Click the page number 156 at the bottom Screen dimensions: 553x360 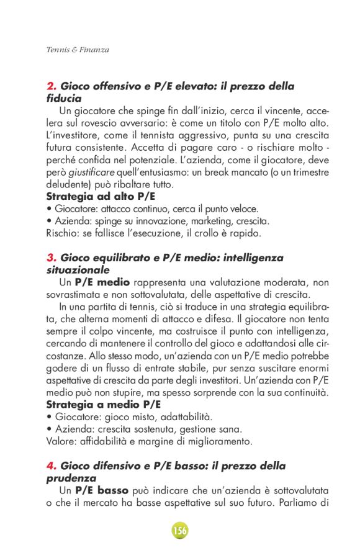(x=180, y=531)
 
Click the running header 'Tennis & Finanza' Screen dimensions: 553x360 (x=74, y=50)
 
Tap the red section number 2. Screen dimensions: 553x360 (x=50, y=86)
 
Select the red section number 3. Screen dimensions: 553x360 (x=50, y=258)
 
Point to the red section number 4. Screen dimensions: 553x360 (x=50, y=466)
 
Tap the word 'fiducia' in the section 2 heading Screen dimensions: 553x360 (x=64, y=98)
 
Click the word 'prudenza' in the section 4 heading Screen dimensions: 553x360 (x=71, y=478)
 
